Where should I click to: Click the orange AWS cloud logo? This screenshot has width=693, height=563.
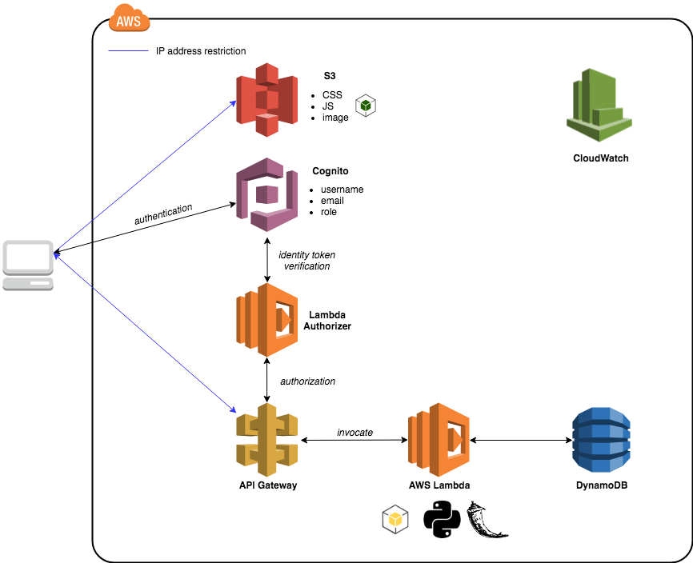[x=129, y=18]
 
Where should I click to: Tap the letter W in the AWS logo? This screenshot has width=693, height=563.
[x=129, y=22]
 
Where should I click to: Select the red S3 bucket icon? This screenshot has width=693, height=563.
[x=266, y=99]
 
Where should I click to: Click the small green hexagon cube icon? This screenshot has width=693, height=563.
[x=366, y=106]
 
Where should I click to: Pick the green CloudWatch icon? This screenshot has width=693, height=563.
[x=599, y=105]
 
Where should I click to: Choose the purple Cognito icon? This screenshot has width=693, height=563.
[x=266, y=194]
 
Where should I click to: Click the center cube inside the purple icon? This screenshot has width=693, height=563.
[x=268, y=194]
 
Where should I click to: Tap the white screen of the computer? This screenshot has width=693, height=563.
[x=28, y=257]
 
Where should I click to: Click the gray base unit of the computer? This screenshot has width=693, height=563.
[x=28, y=283]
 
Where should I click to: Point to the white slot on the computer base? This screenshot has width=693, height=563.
[x=39, y=283]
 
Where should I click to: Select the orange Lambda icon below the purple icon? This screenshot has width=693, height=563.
[x=266, y=319]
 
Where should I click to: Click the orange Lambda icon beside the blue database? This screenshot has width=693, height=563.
[x=439, y=439]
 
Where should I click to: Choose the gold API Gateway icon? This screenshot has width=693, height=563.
[x=266, y=439]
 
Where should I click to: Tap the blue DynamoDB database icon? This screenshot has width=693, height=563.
[x=601, y=439]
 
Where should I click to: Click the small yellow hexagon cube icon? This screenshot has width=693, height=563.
[x=395, y=520]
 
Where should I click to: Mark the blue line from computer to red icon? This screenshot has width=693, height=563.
[x=144, y=177]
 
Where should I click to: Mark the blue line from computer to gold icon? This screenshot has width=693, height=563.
[x=144, y=333]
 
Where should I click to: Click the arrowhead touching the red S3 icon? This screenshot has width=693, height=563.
[x=233, y=103]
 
